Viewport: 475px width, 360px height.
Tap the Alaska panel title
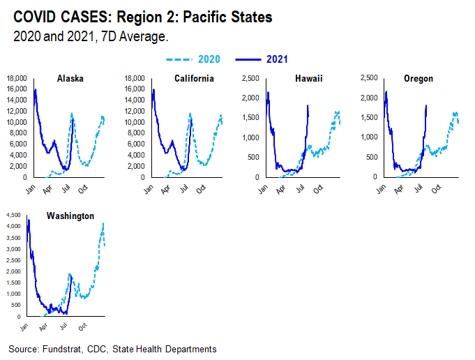pyautogui.click(x=70, y=79)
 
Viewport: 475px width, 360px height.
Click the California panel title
pyautogui.click(x=194, y=79)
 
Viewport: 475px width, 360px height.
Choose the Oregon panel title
pyautogui.click(x=418, y=79)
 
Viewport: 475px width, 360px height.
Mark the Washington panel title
pyautogui.click(x=70, y=216)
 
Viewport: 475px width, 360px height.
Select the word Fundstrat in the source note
pyautogui.click(x=60, y=349)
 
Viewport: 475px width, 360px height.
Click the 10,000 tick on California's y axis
pyautogui.click(x=133, y=122)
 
